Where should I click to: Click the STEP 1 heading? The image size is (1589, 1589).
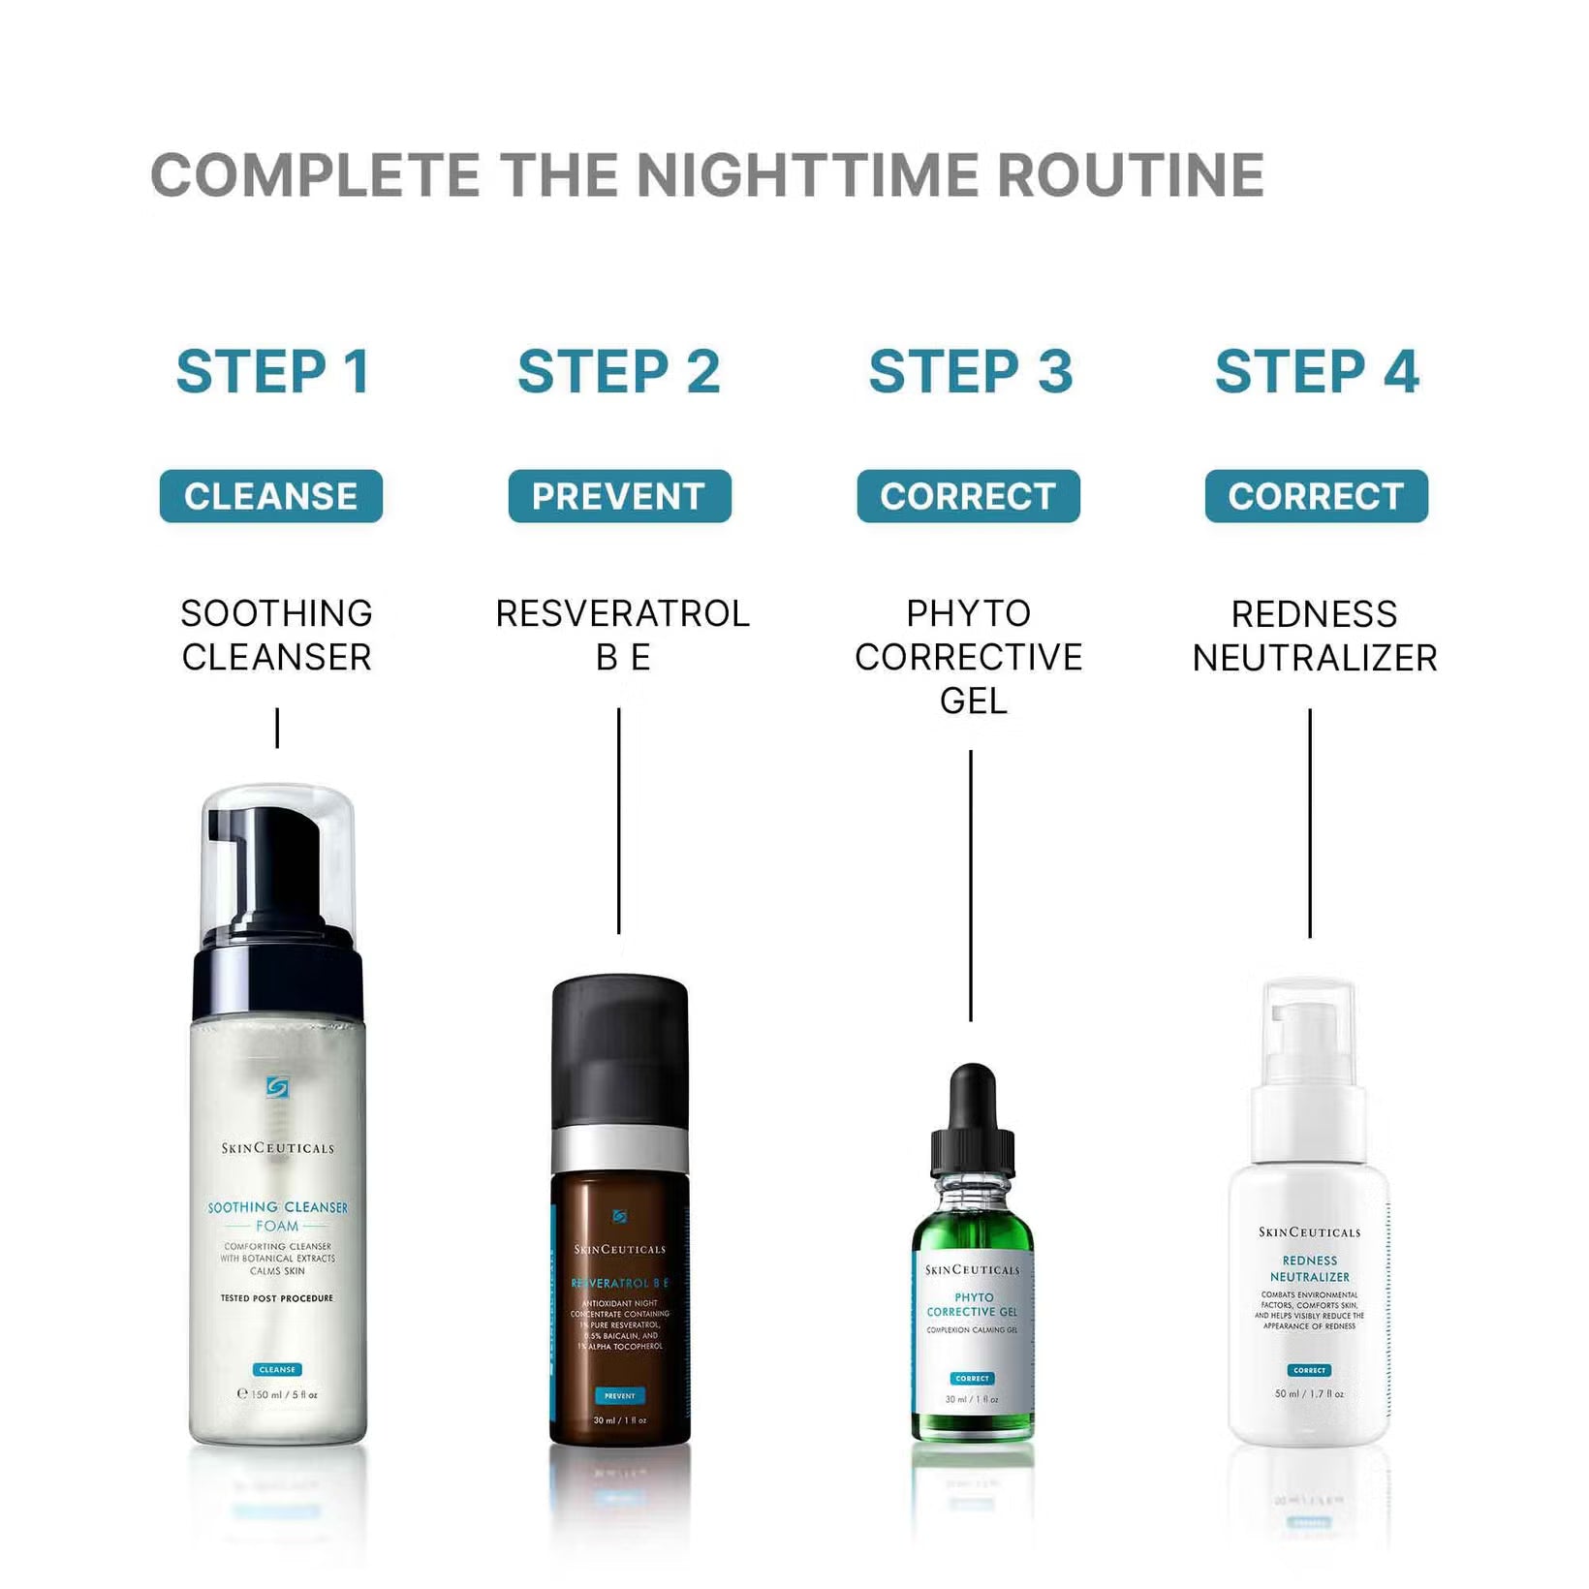click(273, 372)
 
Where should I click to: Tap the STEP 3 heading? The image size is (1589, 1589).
click(971, 372)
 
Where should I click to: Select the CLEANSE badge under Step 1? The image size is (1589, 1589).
click(271, 496)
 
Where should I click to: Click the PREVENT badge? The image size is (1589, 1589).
click(619, 496)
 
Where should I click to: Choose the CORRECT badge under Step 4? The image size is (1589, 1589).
click(1316, 496)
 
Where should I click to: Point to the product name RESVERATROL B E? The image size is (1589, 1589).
click(622, 635)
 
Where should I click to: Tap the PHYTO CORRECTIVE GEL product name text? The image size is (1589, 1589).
click(969, 656)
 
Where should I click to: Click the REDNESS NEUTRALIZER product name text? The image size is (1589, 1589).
click(1314, 636)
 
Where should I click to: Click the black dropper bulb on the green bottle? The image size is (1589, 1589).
click(973, 1095)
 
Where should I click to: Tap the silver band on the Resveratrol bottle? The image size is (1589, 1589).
click(620, 1150)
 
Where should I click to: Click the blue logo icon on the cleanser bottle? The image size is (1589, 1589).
click(277, 1087)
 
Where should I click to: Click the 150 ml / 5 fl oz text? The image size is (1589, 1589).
click(278, 1394)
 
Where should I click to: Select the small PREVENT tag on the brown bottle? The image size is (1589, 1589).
click(619, 1396)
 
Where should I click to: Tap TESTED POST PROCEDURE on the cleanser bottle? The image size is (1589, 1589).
click(276, 1298)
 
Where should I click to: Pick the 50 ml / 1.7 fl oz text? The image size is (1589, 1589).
click(1309, 1393)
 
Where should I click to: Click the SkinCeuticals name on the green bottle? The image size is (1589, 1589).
click(972, 1269)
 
